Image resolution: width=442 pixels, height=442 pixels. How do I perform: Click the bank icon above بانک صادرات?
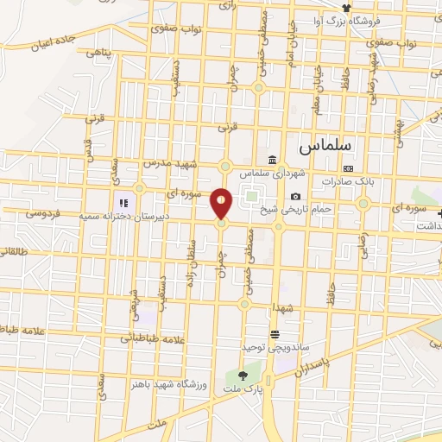pyautogui.click(x=348, y=169)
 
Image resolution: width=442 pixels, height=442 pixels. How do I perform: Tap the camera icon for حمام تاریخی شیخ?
pyautogui.click(x=296, y=197)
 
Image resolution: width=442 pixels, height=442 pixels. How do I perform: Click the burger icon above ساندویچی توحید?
pyautogui.click(x=275, y=334)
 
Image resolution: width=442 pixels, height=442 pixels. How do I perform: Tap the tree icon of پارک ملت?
pyautogui.click(x=243, y=376)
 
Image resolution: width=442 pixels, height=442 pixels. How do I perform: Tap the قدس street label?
pyautogui.click(x=87, y=149)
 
